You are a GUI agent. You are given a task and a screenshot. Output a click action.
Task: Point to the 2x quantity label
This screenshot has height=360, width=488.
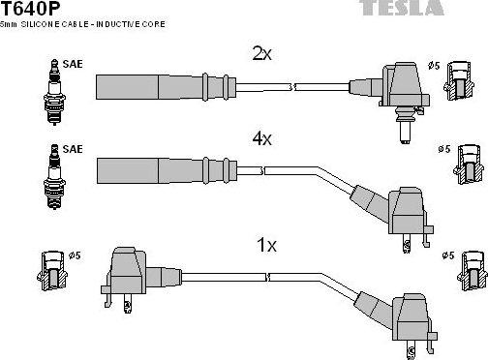pos(262,55)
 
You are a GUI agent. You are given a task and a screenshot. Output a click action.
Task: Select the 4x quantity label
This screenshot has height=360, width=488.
pos(262,139)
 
